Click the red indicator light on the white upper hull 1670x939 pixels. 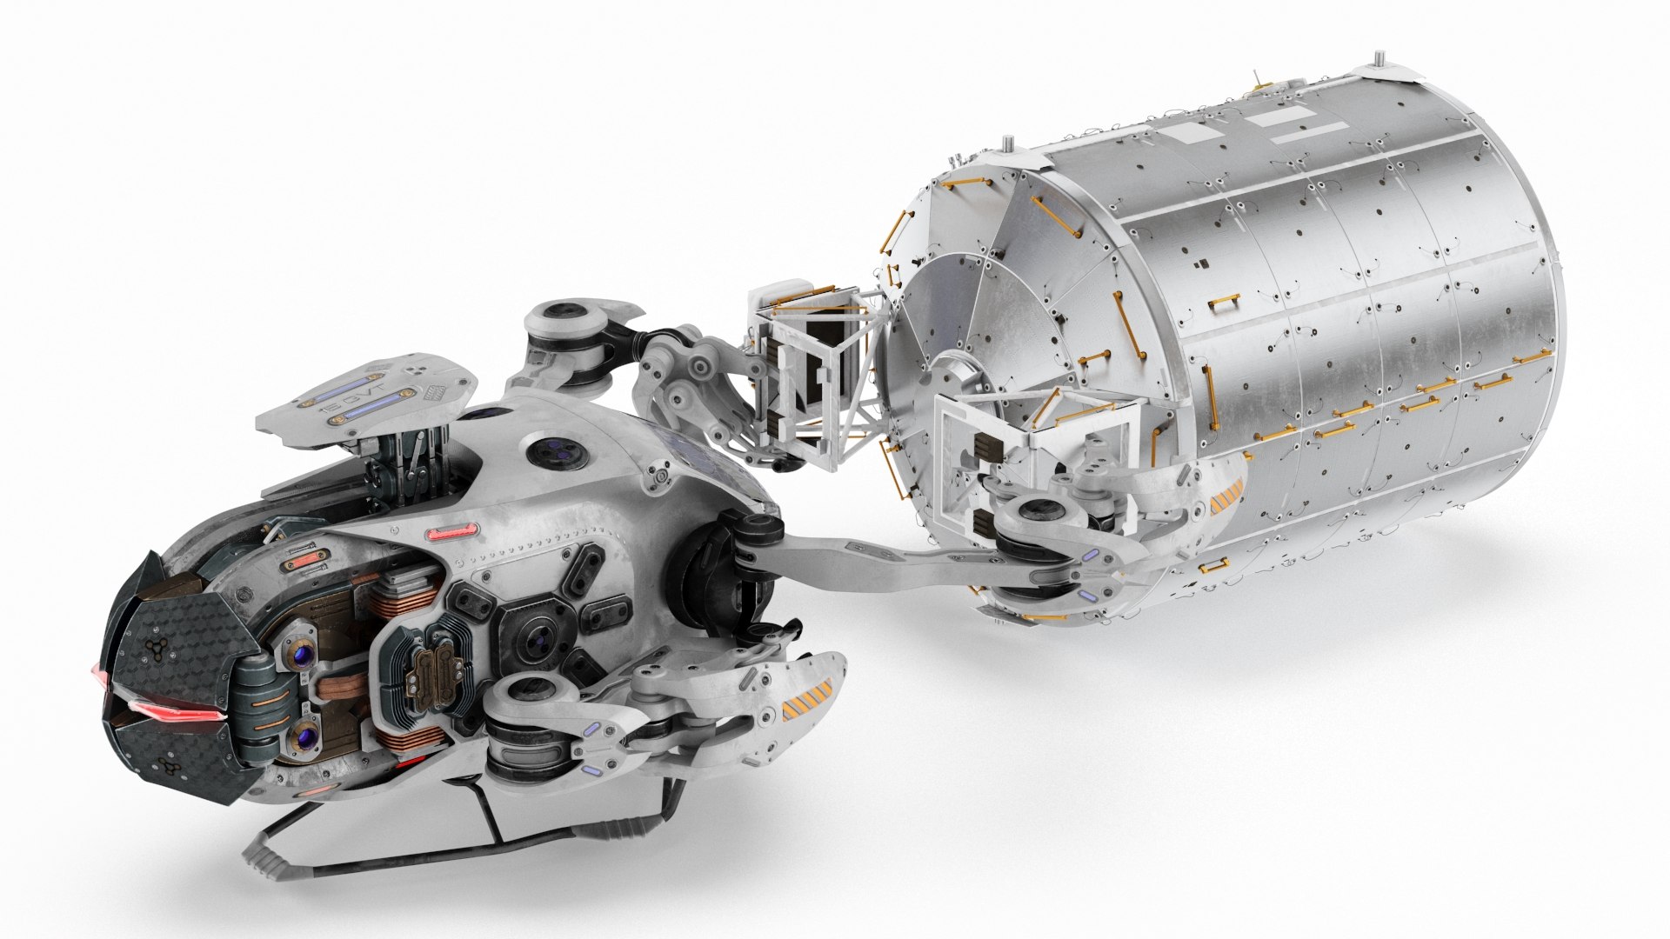pyautogui.click(x=453, y=530)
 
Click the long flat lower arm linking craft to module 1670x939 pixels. pyautogui.click(x=878, y=556)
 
